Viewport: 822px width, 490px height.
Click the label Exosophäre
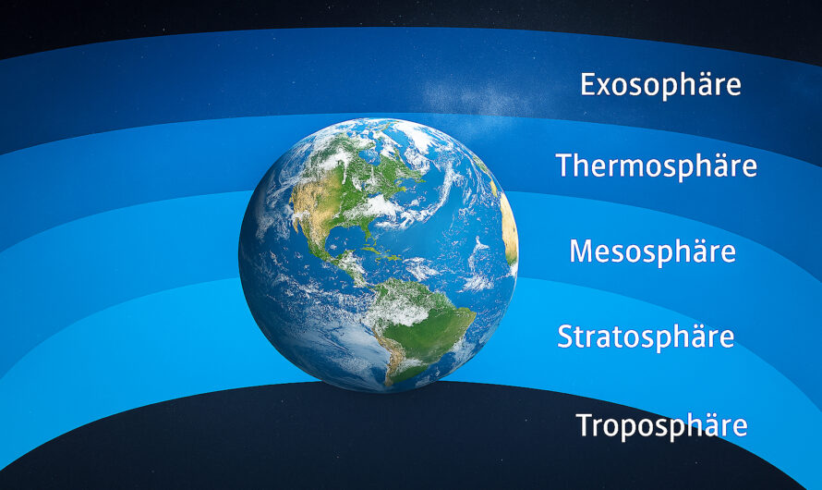(660, 85)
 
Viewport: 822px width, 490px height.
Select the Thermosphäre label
(657, 165)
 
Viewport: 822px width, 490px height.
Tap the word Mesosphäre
(653, 251)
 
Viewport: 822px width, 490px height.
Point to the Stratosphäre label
(646, 337)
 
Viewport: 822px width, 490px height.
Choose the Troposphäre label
(661, 425)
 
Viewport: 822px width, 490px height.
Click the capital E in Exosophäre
(588, 84)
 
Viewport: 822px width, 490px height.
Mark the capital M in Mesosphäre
(581, 251)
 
